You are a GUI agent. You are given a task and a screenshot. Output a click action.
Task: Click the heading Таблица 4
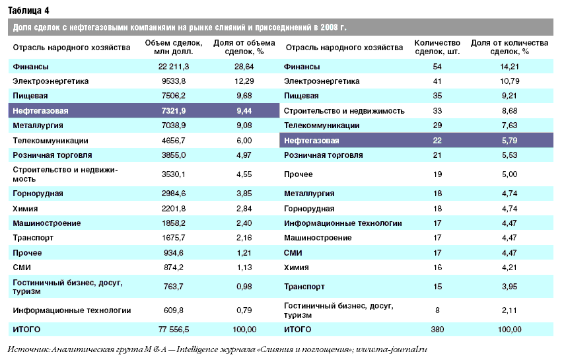coord(28,11)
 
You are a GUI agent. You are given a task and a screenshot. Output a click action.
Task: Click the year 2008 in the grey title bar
coord(329,27)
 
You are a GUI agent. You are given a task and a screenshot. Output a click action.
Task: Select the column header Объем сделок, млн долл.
coord(174,47)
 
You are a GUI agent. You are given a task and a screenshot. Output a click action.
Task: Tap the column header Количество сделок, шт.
coord(437,47)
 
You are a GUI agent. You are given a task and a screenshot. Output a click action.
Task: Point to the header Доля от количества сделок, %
coord(509,47)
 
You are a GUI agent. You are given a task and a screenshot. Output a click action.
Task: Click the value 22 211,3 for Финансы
coord(174,67)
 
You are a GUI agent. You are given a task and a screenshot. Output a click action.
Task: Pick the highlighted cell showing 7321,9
coord(174,111)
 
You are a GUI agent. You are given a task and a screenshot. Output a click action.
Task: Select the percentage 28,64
coord(244,67)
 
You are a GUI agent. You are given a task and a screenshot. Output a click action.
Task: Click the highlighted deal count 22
coord(437,140)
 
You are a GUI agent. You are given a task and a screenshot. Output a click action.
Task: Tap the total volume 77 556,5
coord(174,330)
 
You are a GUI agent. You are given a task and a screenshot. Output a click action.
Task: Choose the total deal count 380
coord(437,330)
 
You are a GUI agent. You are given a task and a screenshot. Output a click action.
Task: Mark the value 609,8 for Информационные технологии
coord(174,310)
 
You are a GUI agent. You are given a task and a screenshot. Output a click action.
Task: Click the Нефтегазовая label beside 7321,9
coord(40,111)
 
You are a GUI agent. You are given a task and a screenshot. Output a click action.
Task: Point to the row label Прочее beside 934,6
coord(27,253)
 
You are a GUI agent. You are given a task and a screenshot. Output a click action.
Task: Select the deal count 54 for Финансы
coord(437,67)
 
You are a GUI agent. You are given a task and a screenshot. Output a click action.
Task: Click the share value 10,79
coord(509,81)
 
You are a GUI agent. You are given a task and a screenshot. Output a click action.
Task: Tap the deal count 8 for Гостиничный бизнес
coord(437,310)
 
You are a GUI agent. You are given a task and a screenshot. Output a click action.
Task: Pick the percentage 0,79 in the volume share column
coord(244,310)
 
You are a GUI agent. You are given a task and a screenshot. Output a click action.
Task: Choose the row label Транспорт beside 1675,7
coord(33,238)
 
